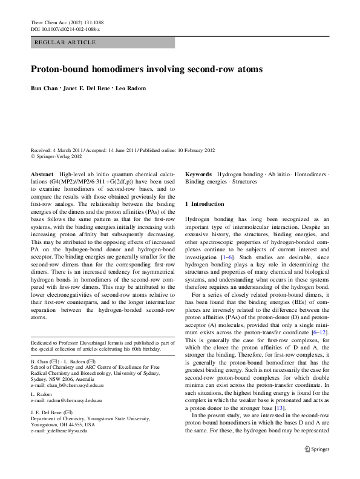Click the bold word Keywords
[198, 174]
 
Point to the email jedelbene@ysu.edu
[67, 429]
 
